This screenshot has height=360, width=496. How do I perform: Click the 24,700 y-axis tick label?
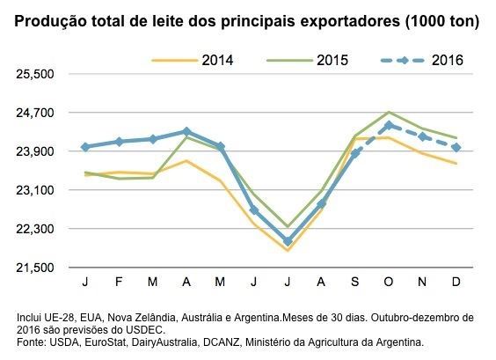click(36, 113)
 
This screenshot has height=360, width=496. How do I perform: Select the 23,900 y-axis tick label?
click(36, 151)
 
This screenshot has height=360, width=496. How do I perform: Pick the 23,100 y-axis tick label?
click(36, 190)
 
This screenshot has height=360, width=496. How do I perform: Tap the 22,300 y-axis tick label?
click(36, 229)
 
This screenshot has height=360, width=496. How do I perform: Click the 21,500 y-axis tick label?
click(36, 268)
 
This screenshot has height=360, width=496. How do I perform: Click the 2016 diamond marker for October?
click(389, 125)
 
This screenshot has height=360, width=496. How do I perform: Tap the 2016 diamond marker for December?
click(456, 147)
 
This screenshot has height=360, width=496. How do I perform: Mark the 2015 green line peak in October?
click(389, 113)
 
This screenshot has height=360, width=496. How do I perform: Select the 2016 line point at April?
click(186, 131)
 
